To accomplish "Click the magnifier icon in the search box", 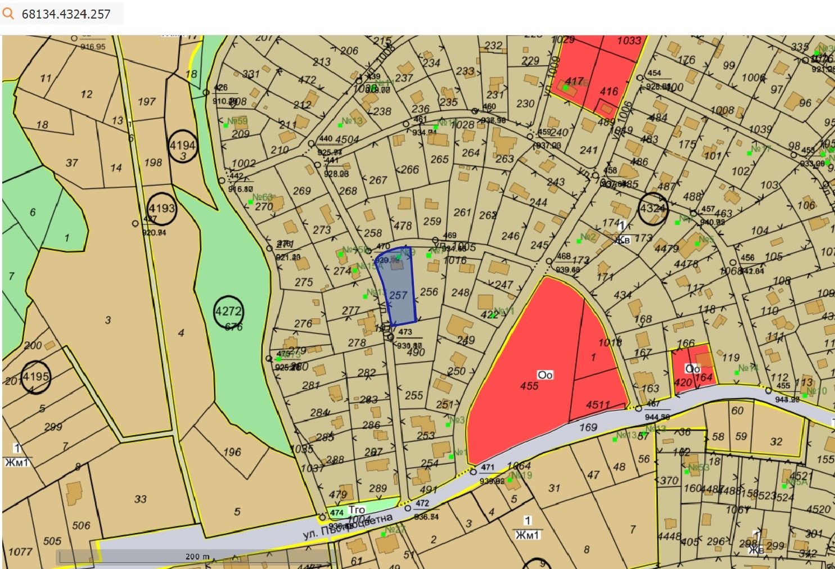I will coord(8,13).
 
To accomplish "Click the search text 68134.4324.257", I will coord(66,14).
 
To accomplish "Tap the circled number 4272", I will coord(228,311).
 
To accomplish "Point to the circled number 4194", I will coord(183,146).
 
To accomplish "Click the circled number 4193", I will coord(162,209).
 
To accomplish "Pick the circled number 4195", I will coord(35,377).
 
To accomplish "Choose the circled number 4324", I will coord(653,209).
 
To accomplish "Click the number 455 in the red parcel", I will coord(529,386).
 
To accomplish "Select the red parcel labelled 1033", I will coord(628,41).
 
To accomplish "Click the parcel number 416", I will coord(609,91).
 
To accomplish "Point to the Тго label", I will coord(357,509).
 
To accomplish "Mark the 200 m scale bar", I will coord(197,557).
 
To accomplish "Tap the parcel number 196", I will coord(232,451).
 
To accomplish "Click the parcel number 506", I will coord(81,525).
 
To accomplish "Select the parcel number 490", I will coord(416,353).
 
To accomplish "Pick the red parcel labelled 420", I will coord(683,383).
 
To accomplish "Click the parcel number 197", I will coord(146,102).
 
